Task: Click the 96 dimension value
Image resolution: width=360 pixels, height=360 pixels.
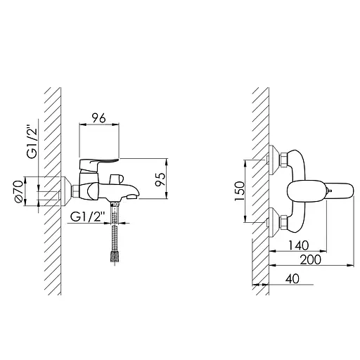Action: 98,118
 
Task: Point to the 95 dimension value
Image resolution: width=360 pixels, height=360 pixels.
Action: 160,179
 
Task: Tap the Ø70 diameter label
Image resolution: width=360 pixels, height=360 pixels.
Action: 18,191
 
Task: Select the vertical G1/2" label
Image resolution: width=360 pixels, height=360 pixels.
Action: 32,143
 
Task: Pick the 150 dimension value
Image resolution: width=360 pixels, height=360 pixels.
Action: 239,191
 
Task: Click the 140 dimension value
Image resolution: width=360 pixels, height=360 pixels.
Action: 299,245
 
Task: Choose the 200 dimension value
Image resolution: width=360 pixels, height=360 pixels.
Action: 311,259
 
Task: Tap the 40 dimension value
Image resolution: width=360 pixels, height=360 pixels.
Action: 292,278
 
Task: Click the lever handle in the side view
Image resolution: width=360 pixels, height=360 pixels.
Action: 98,164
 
